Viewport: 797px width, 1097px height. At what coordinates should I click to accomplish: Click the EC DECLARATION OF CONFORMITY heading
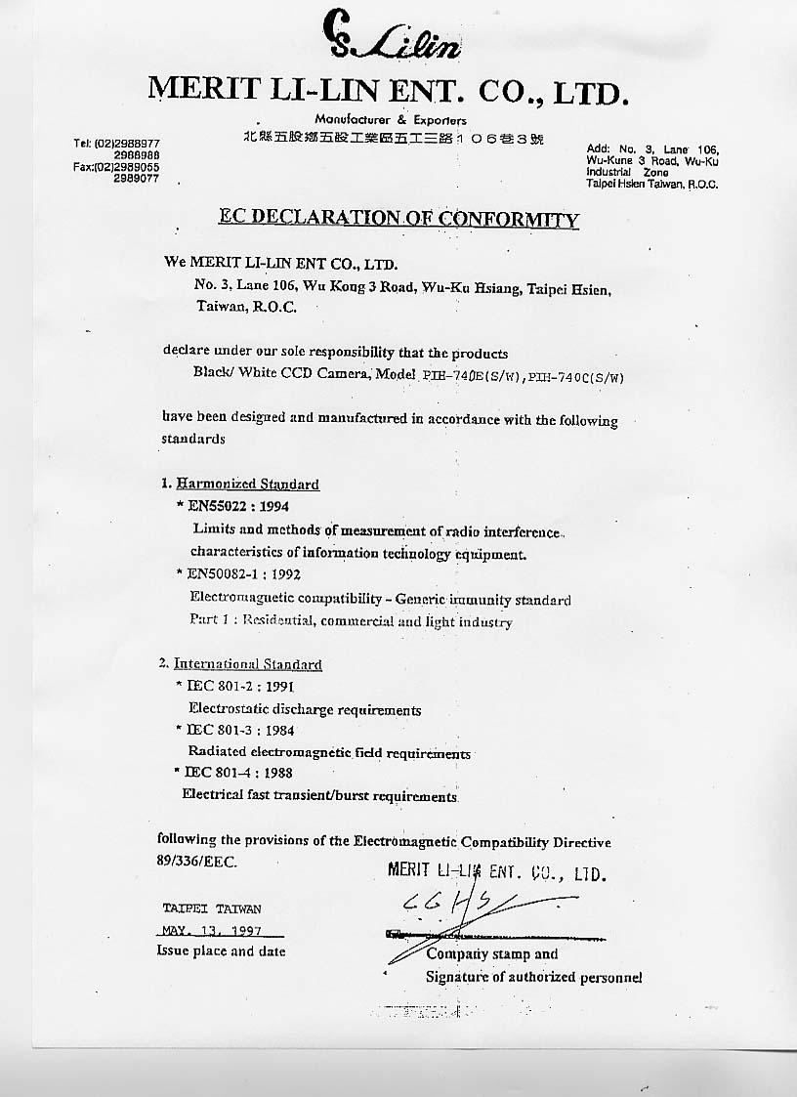point(398,218)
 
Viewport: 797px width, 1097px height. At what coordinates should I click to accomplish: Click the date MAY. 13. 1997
point(206,930)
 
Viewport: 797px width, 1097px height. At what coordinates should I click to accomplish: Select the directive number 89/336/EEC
point(196,862)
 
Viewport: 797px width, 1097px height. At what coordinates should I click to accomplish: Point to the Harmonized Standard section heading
point(246,484)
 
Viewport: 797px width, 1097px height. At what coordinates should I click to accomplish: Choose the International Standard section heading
point(248,664)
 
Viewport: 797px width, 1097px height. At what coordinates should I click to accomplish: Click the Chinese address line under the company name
point(394,139)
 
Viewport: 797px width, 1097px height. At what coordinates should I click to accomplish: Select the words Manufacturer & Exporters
point(391,119)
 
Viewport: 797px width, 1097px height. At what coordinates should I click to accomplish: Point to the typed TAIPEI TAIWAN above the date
point(211,908)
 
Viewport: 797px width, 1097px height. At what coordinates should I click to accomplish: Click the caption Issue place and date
point(221,950)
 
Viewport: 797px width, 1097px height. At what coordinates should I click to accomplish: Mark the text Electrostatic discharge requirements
point(304,709)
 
